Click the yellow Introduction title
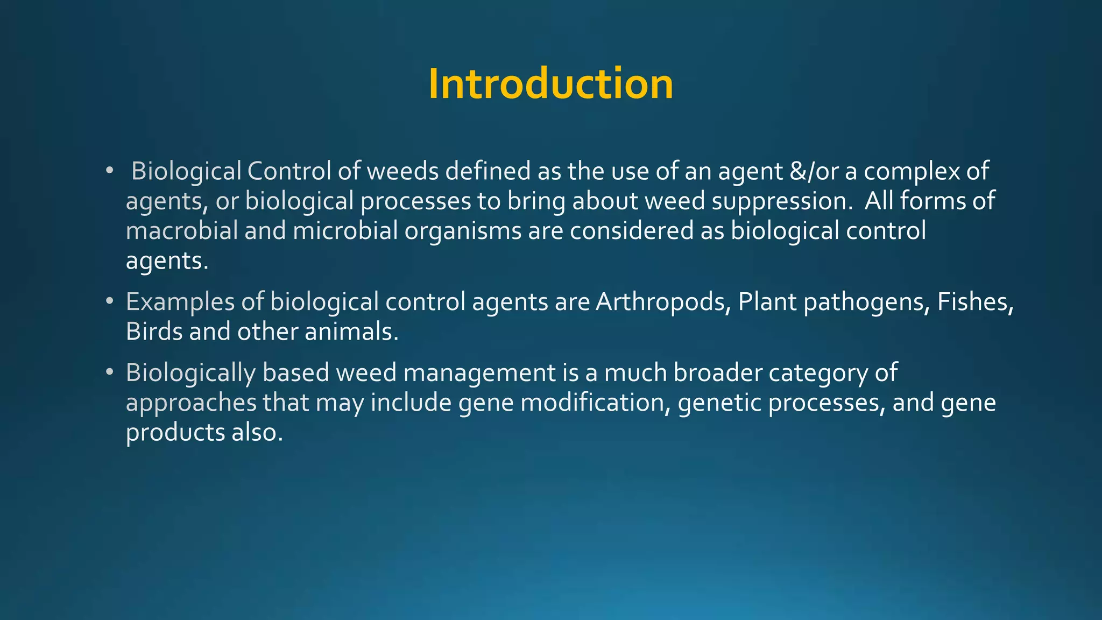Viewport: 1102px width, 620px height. [x=550, y=84]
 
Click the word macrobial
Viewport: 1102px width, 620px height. [x=182, y=231]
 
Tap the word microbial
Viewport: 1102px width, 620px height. [x=345, y=231]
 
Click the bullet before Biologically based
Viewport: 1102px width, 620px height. [x=110, y=372]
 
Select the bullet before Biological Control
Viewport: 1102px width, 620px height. [x=110, y=171]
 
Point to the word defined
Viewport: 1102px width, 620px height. [x=488, y=171]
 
